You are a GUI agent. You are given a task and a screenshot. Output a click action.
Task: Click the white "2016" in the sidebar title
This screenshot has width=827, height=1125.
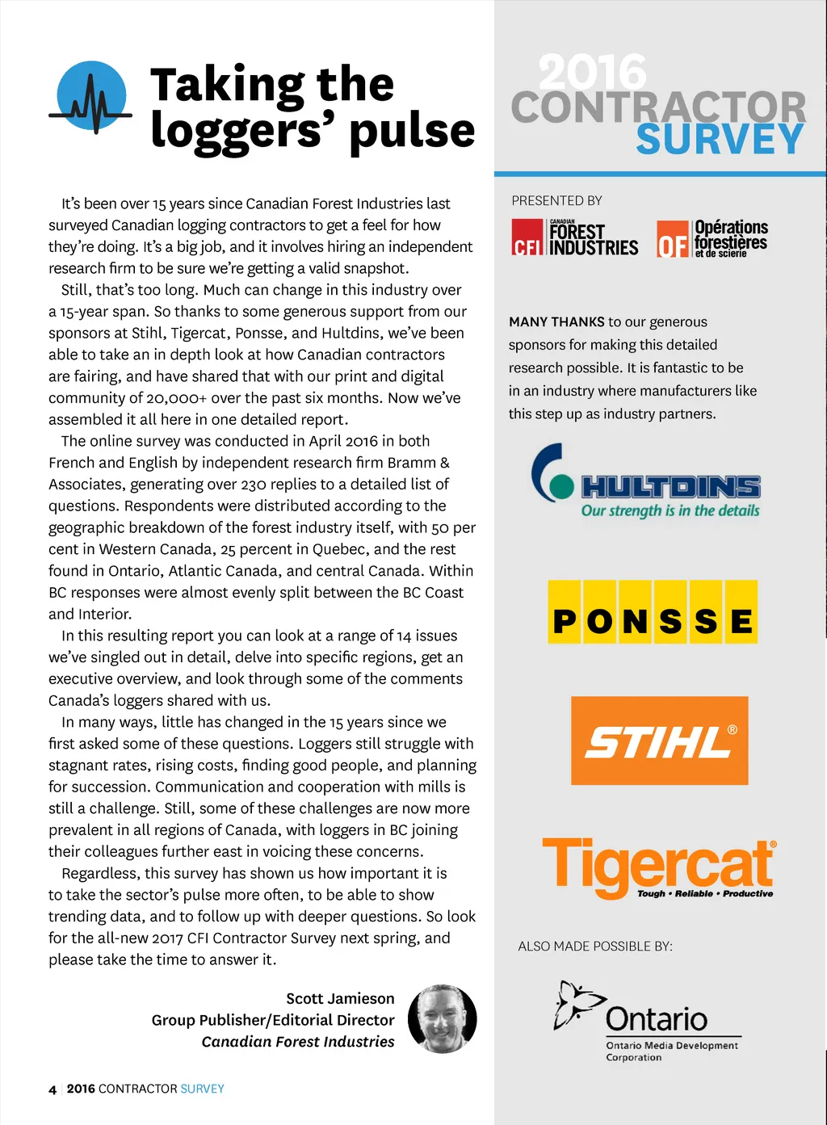(592, 73)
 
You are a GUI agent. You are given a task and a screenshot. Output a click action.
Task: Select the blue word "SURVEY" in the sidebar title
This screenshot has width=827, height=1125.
(720, 140)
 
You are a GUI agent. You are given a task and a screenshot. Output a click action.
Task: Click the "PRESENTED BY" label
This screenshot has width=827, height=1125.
(556, 200)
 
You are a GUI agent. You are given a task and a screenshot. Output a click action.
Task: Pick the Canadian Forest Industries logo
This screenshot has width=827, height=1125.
(574, 237)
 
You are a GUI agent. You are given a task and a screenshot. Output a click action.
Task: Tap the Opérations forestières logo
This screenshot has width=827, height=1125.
(712, 238)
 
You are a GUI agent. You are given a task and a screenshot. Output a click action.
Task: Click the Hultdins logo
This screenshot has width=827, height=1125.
(646, 481)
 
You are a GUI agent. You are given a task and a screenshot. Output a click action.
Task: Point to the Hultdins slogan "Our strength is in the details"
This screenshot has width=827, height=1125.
(670, 510)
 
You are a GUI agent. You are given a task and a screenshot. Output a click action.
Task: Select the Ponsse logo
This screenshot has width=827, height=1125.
(653, 612)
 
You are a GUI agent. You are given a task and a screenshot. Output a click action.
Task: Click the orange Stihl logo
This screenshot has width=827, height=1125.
(659, 741)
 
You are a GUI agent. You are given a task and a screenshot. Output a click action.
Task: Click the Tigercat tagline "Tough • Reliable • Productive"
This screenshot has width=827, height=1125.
(704, 894)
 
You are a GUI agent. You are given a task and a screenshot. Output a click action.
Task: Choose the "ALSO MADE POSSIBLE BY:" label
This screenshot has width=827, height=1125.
(595, 946)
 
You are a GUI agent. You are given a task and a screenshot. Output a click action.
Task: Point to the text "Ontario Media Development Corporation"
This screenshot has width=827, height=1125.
(671, 1051)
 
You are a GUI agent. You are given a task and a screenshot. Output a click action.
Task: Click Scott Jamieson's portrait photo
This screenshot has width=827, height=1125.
(442, 1018)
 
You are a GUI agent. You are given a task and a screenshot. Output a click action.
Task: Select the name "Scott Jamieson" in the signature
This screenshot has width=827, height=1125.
(340, 998)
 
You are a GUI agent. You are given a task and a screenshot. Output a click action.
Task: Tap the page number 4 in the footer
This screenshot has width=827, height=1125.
(52, 1089)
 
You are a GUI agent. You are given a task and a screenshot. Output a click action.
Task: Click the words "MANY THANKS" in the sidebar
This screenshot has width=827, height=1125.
(556, 321)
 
